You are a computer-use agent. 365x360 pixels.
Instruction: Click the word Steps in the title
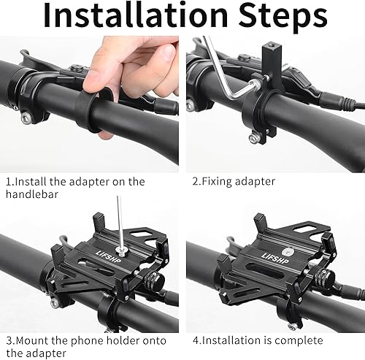[x=282, y=18]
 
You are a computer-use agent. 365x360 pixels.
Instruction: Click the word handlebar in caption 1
[x=32, y=195]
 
